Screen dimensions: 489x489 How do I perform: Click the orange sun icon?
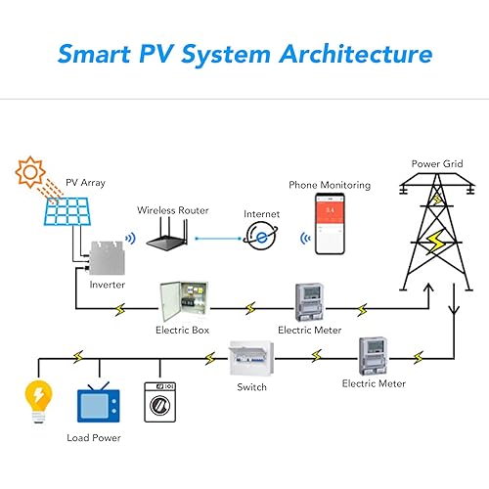pos(30,172)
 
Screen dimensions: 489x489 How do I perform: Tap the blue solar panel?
pos(67,211)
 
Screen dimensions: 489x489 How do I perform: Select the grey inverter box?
pos(107,258)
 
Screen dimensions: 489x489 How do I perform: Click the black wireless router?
pos(167,234)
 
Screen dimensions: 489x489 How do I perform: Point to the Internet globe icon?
pos(261,236)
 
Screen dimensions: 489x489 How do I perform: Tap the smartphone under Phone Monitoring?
pos(330,224)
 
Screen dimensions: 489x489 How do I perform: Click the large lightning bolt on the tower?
pos(436,241)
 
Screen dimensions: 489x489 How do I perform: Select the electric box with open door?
pos(184,301)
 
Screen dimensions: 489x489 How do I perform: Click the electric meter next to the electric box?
pos(310,302)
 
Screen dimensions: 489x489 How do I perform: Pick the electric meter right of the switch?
pos(374,356)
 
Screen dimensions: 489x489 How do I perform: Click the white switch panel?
pos(251,359)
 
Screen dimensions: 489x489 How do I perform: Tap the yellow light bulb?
pos(39,402)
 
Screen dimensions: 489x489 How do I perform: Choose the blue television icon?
pos(99,402)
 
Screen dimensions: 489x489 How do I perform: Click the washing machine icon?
pos(160,402)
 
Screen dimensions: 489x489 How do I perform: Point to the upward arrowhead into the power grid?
pos(428,288)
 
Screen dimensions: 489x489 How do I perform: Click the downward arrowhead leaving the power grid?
pos(454,310)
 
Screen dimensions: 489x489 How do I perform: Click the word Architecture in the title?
pos(356,54)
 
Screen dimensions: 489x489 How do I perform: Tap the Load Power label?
pos(94,438)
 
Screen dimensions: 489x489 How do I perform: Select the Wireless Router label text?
pos(173,210)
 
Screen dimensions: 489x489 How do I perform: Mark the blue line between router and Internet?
pos(218,239)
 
